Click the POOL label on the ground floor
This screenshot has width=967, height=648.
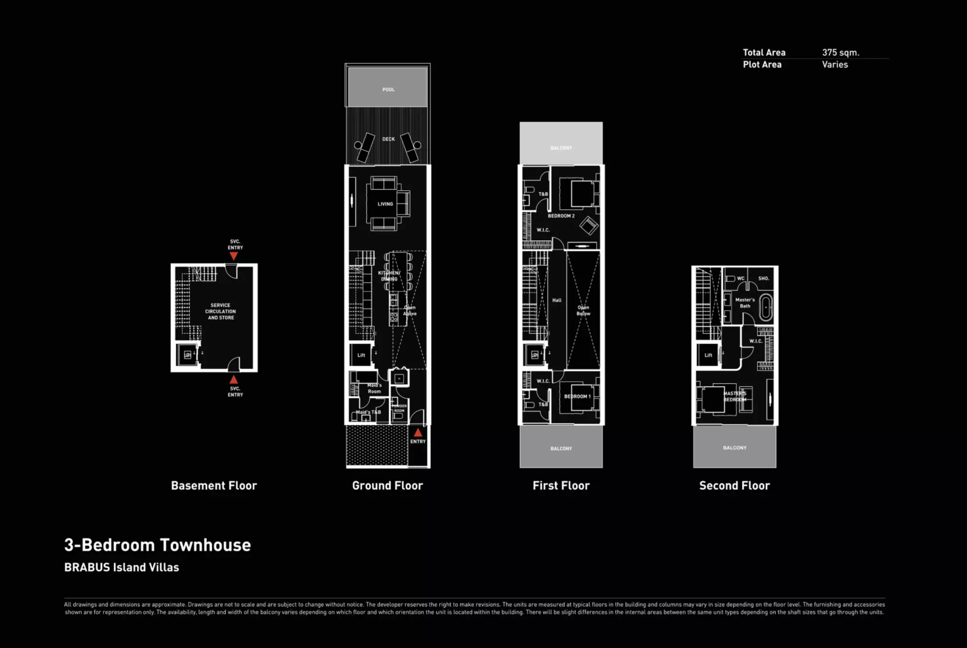(388, 89)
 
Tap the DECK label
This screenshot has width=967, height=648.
(388, 139)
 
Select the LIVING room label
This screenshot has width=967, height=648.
(385, 204)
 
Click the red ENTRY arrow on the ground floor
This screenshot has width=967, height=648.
(418, 432)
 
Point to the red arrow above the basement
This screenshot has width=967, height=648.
(233, 256)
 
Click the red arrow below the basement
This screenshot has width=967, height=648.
(233, 380)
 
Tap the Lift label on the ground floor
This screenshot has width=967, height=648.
(361, 355)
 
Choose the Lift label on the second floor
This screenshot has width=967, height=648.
(708, 355)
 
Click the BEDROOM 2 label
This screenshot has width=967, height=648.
(561, 216)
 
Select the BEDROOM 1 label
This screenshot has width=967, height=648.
(577, 396)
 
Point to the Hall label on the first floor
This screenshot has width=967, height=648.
(557, 300)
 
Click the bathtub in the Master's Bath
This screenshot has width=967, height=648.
(766, 307)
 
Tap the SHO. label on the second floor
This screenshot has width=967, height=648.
(763, 278)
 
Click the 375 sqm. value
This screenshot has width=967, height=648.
(840, 53)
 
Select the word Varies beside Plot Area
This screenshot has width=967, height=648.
(835, 65)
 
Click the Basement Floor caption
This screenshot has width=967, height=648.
(214, 486)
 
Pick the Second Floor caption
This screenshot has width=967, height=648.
(734, 486)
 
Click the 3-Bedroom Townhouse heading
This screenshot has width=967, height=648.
(157, 545)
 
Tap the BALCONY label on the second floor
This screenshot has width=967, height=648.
(735, 448)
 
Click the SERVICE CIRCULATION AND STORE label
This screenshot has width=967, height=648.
(220, 311)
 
